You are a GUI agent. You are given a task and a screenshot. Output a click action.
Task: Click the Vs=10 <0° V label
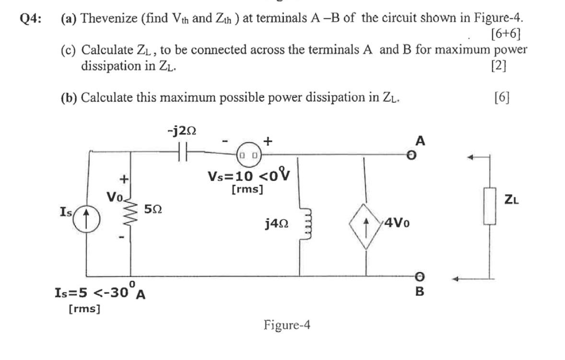(247, 176)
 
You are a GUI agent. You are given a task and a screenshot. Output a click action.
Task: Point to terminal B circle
(419, 277)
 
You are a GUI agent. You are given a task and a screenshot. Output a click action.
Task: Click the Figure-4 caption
(287, 325)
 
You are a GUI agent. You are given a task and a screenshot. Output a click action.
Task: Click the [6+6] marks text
(506, 34)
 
